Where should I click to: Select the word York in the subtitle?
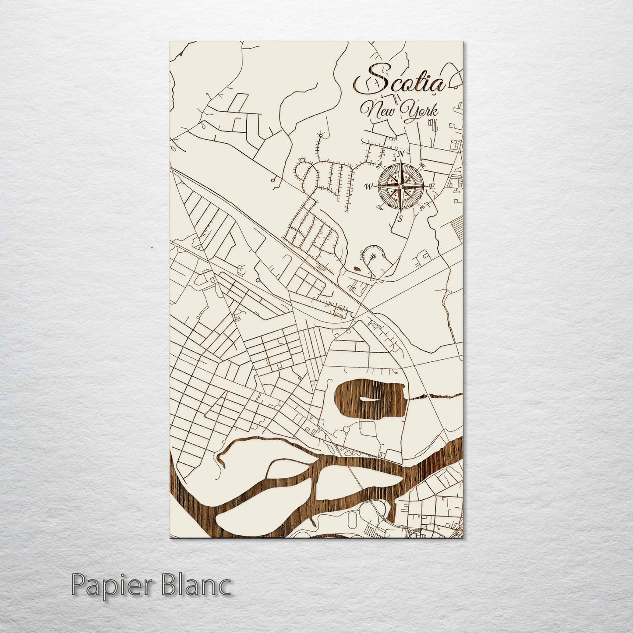(x=421, y=110)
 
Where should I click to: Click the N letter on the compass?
(x=400, y=153)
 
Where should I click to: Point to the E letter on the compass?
(x=431, y=187)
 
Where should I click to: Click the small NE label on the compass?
(x=422, y=165)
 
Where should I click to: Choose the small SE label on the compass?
(x=422, y=208)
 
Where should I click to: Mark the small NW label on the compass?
(x=379, y=166)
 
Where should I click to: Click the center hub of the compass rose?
(x=400, y=187)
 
